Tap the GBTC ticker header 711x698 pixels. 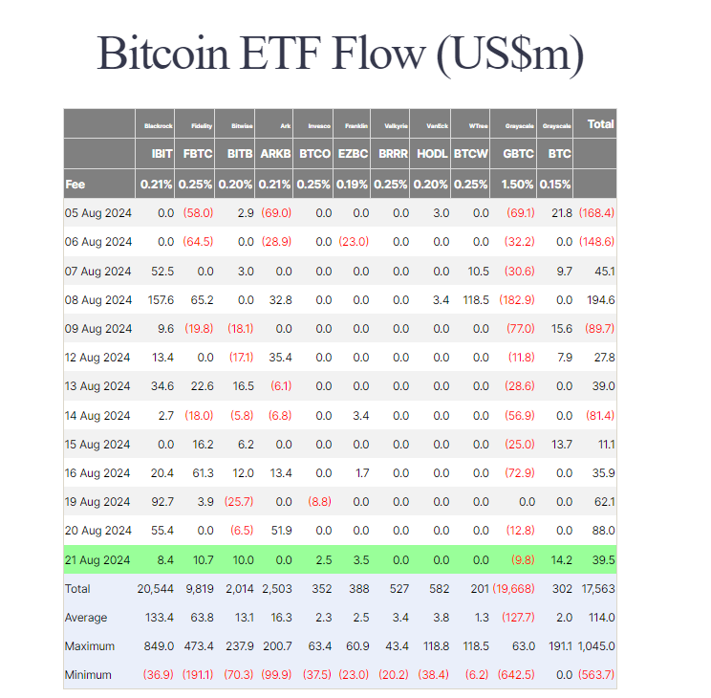[x=519, y=153]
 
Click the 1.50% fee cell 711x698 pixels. [x=519, y=183]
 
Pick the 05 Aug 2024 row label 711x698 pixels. [x=98, y=212]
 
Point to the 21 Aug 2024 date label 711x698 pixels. [x=98, y=559]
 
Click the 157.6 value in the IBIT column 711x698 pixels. [x=158, y=300]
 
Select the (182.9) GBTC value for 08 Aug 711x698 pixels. [x=517, y=300]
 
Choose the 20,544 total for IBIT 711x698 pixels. [x=155, y=588]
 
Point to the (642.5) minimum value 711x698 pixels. [x=517, y=675]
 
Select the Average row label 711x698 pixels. [x=86, y=618]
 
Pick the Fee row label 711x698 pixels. [x=75, y=183]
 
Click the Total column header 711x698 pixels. [x=600, y=124]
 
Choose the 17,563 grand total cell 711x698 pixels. [x=596, y=588]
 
